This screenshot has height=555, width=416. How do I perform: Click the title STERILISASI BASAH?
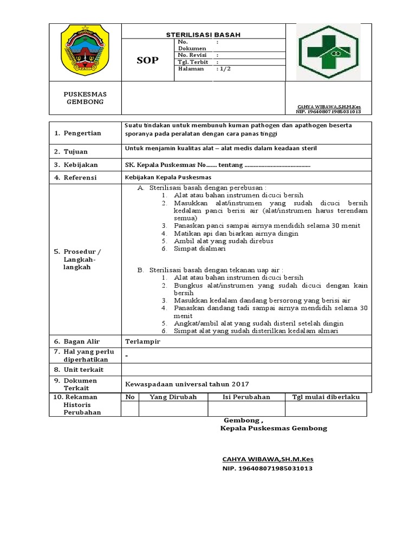[203, 35]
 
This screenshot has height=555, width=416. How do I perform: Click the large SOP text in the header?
[147, 60]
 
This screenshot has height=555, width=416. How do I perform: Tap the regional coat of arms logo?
[85, 52]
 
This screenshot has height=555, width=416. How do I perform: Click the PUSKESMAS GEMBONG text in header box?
[85, 98]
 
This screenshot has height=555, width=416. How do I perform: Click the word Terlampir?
[143, 342]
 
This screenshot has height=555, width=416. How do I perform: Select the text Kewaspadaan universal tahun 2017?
[187, 384]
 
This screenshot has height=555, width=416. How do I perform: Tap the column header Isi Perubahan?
[246, 397]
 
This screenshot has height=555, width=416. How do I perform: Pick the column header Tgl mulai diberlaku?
[326, 397]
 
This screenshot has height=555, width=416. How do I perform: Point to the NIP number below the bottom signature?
[268, 468]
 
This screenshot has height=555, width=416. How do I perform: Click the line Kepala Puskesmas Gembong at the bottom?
[274, 428]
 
